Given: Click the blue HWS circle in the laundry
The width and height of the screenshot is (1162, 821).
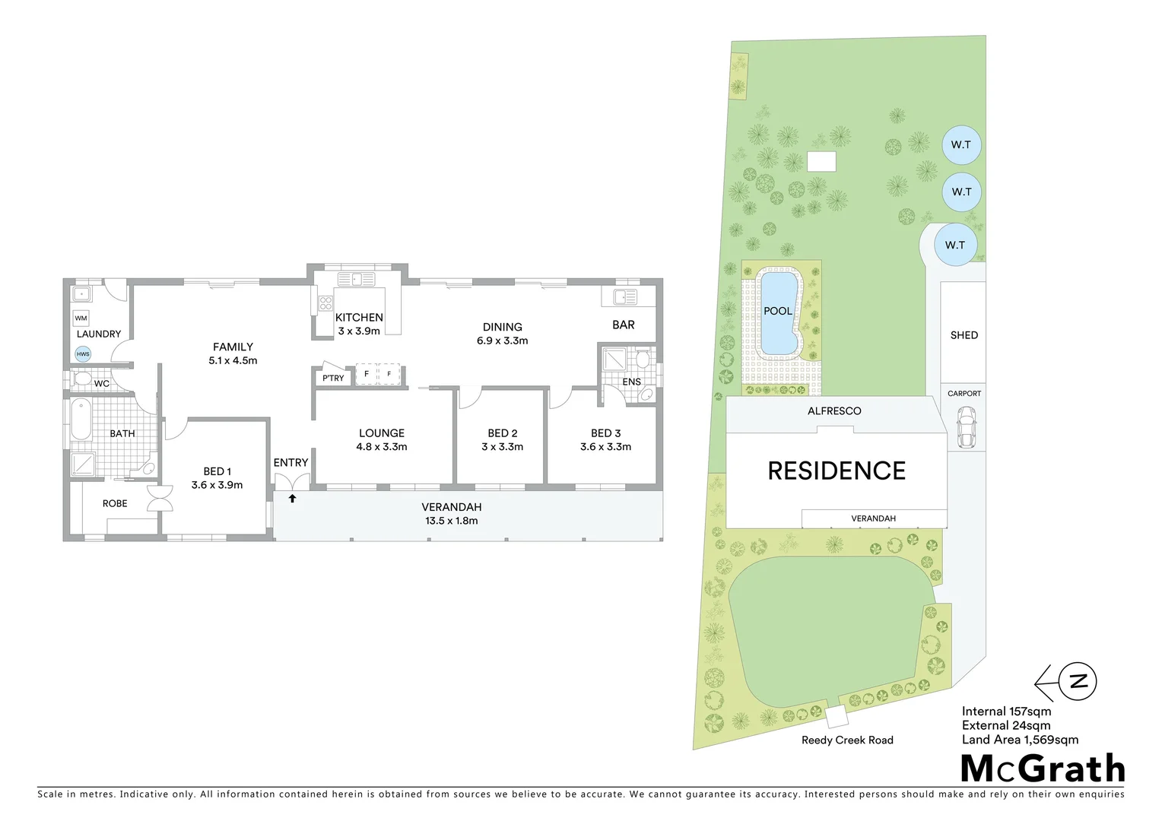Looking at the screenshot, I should click(83, 353).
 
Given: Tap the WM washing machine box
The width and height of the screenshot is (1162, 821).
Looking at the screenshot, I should click(81, 319).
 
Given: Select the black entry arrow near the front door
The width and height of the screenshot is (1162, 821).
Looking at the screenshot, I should click(292, 499).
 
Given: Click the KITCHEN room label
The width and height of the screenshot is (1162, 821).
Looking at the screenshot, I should click(359, 317).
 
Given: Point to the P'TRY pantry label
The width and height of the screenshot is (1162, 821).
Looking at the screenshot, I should click(333, 378).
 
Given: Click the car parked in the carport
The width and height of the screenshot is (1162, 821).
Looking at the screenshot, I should click(966, 427).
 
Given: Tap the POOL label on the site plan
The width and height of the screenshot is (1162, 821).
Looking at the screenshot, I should click(777, 311).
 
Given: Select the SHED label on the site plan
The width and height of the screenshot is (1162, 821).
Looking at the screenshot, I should click(964, 335).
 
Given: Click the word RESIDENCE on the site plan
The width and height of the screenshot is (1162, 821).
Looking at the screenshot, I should click(837, 471).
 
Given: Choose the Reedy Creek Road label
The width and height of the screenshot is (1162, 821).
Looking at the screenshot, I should click(847, 740).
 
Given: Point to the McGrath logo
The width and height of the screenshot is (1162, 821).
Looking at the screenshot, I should click(1043, 769).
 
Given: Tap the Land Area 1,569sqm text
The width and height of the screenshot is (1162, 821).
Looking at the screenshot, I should click(1020, 740).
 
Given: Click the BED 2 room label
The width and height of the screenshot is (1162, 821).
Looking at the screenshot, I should click(503, 433).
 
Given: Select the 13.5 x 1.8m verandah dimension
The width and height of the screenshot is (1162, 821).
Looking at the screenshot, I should click(452, 521).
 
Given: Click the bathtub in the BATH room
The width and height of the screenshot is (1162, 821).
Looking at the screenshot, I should click(79, 420).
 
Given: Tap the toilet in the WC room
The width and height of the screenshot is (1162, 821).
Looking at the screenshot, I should click(82, 379).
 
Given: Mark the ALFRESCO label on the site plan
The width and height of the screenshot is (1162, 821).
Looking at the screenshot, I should click(834, 411).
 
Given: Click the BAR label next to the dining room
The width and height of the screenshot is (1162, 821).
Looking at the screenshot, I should click(624, 325).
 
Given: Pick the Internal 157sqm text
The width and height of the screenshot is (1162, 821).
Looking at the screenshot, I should click(1006, 712).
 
